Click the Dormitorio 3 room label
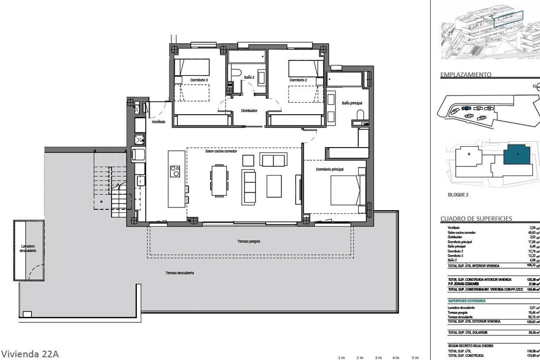[x=199, y=80]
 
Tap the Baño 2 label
[x=249, y=77]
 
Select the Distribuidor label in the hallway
[x=249, y=110]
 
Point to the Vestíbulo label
[x=159, y=121]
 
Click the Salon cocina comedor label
[x=221, y=151]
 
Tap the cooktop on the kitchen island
[x=175, y=171]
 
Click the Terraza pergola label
[x=249, y=242]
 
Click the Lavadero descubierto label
[x=29, y=248]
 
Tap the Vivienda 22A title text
[x=30, y=354]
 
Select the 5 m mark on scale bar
[x=415, y=358]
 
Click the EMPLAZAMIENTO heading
[x=465, y=75]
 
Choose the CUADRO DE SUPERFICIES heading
[x=476, y=219]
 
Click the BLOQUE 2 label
[x=458, y=195]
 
